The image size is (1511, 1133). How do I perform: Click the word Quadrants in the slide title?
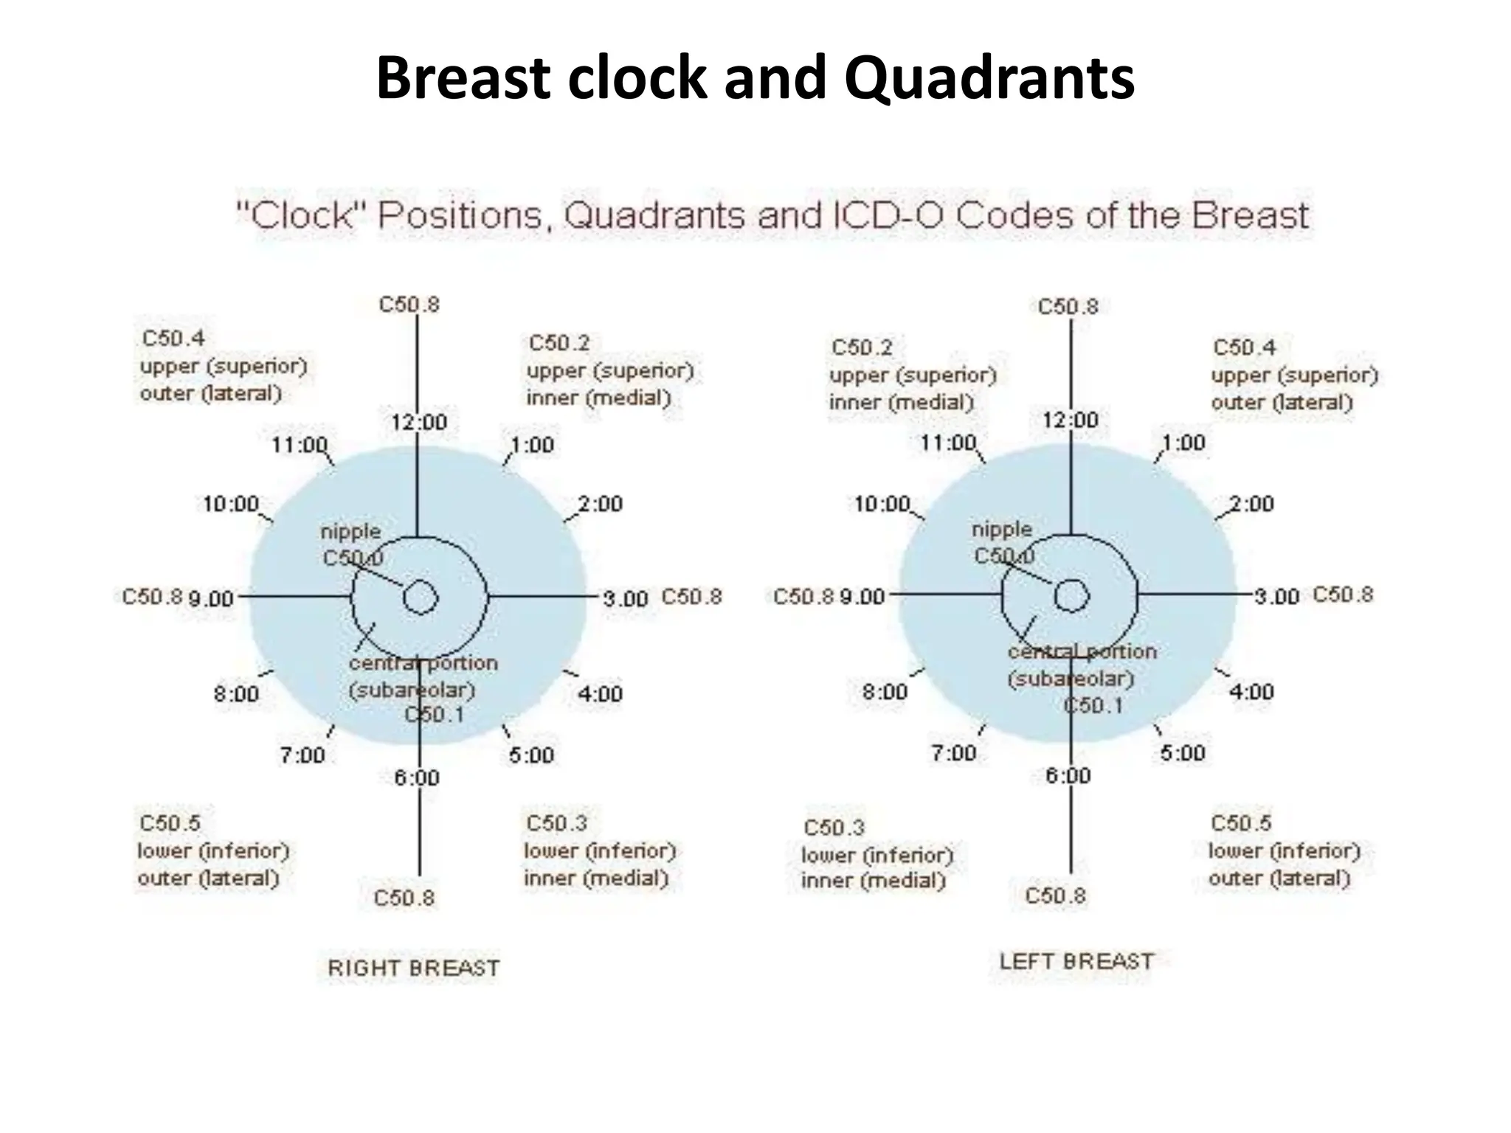pos(989,79)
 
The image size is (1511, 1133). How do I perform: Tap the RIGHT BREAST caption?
pos(414,968)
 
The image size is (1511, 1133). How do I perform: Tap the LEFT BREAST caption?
pos(1076,962)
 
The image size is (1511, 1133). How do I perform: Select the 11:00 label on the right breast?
pos(300,445)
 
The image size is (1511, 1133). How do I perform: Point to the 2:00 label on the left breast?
pos(1252,504)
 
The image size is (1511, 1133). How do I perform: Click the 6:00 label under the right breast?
pos(417,777)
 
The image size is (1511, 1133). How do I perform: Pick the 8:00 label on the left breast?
pos(885,692)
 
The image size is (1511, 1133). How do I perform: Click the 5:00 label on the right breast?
pos(531,755)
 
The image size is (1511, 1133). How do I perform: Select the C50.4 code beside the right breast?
pos(173,339)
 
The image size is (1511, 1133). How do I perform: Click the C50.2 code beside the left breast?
pos(862,347)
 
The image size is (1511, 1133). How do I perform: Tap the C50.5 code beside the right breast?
pos(170,822)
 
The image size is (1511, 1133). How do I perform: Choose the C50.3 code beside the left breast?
pos(834,828)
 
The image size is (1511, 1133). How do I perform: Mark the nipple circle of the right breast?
pos(421,597)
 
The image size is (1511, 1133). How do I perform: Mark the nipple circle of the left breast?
pos(1071,596)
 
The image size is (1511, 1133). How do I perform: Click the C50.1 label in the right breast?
pos(435,714)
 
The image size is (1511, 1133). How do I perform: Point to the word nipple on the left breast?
pos(1002,529)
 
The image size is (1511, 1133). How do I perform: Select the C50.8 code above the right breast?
pos(409,305)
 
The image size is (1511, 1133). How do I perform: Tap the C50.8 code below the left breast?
pos(1056,895)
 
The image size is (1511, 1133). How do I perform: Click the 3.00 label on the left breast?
pos(1277,596)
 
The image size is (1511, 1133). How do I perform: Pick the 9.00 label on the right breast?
pos(211,598)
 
